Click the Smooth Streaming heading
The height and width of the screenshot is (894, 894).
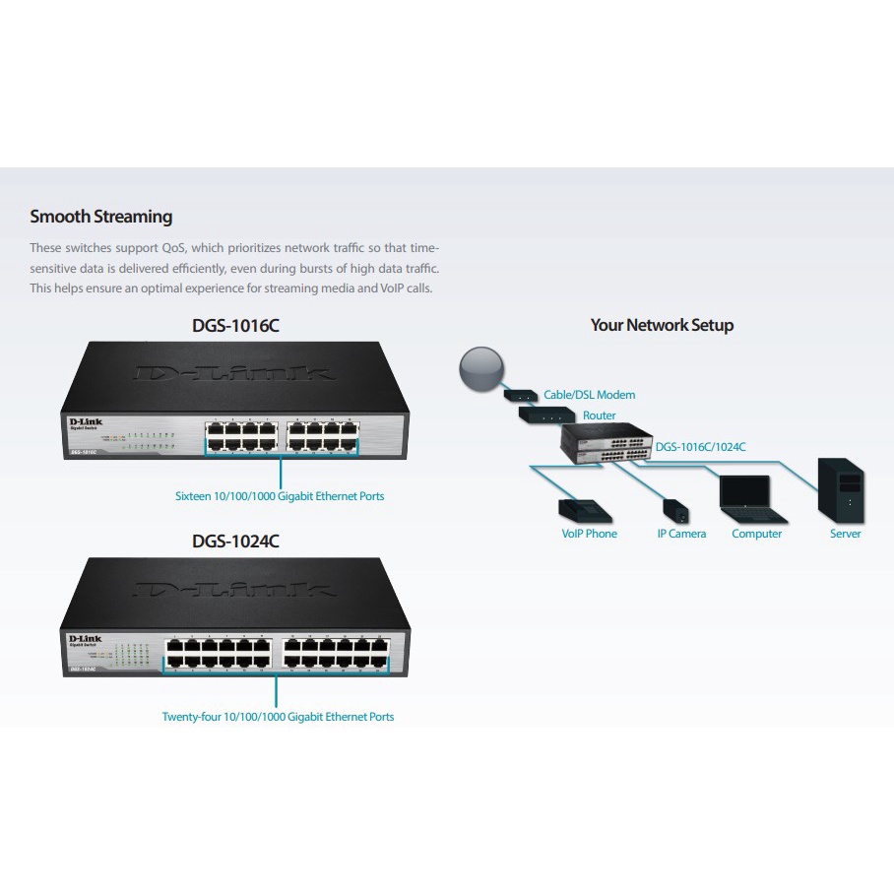point(100,217)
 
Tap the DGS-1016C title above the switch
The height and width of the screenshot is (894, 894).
point(235,325)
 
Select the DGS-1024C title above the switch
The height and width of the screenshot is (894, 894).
point(235,542)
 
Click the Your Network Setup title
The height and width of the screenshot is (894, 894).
point(662,325)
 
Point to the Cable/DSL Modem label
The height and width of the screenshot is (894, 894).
point(589,395)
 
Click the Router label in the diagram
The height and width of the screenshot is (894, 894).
point(599,415)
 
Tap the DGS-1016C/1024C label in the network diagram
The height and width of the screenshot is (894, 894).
point(700,447)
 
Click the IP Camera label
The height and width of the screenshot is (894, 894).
point(681,534)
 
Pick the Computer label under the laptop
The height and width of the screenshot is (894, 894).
point(756,534)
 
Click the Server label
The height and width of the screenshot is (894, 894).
point(845,534)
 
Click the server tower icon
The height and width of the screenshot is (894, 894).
point(844,493)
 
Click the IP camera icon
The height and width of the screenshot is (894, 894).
point(674,511)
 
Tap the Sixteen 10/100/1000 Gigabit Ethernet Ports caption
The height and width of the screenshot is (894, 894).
point(280,496)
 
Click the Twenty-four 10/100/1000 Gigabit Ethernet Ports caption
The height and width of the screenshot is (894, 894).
point(278,717)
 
